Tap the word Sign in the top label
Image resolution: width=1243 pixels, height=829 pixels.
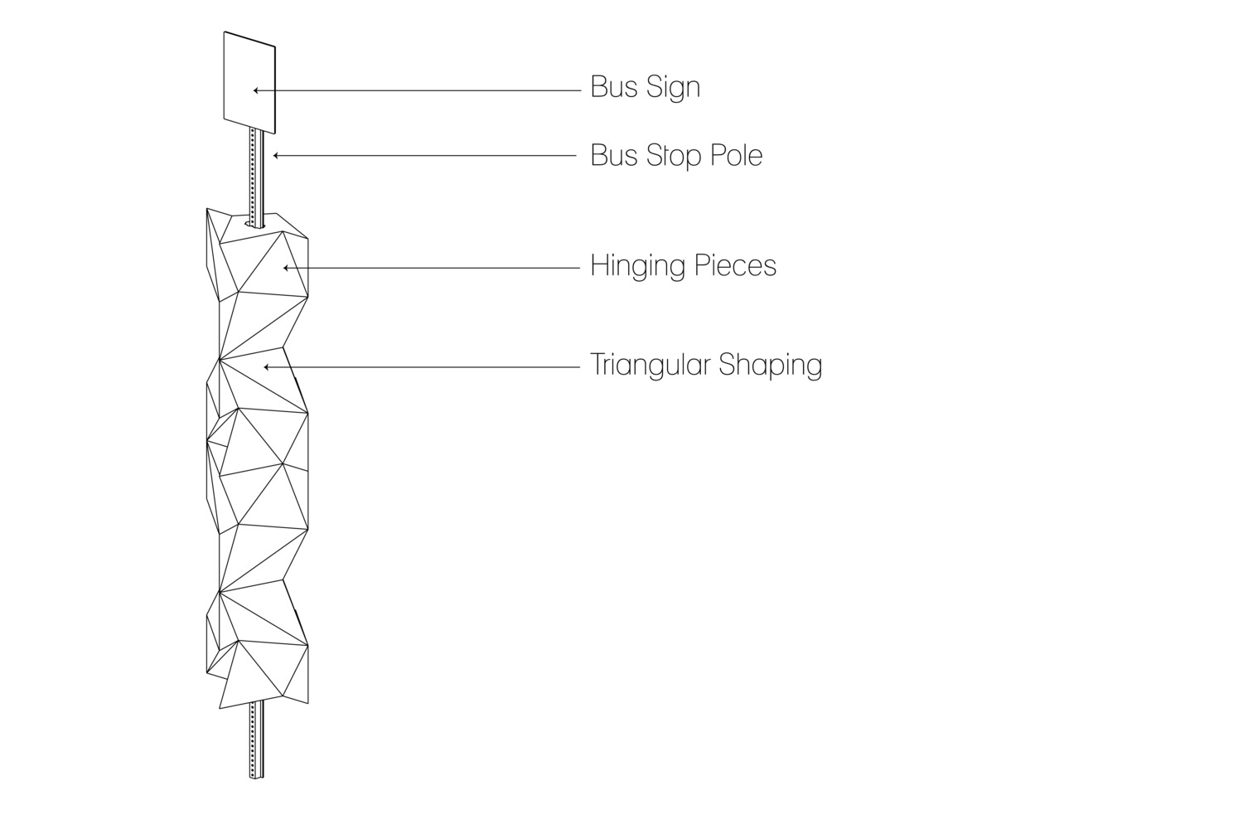(673, 88)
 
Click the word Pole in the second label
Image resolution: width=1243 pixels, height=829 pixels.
(738, 155)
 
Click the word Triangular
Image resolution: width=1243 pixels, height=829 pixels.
(650, 365)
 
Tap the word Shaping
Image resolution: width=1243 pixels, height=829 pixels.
(770, 366)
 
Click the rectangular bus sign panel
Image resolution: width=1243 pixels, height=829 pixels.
(249, 83)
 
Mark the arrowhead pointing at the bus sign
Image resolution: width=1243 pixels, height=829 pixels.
(256, 90)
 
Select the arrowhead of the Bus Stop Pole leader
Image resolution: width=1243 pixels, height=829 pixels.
(276, 156)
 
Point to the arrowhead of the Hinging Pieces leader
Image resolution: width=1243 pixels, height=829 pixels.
(287, 269)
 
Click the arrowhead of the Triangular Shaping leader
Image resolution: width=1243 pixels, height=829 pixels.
(267, 367)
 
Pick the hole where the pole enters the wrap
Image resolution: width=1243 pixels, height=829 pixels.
(255, 224)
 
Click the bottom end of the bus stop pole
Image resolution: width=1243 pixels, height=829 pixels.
(256, 778)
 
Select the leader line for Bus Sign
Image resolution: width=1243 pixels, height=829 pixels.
(418, 90)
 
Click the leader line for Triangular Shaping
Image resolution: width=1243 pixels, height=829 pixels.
(422, 367)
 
